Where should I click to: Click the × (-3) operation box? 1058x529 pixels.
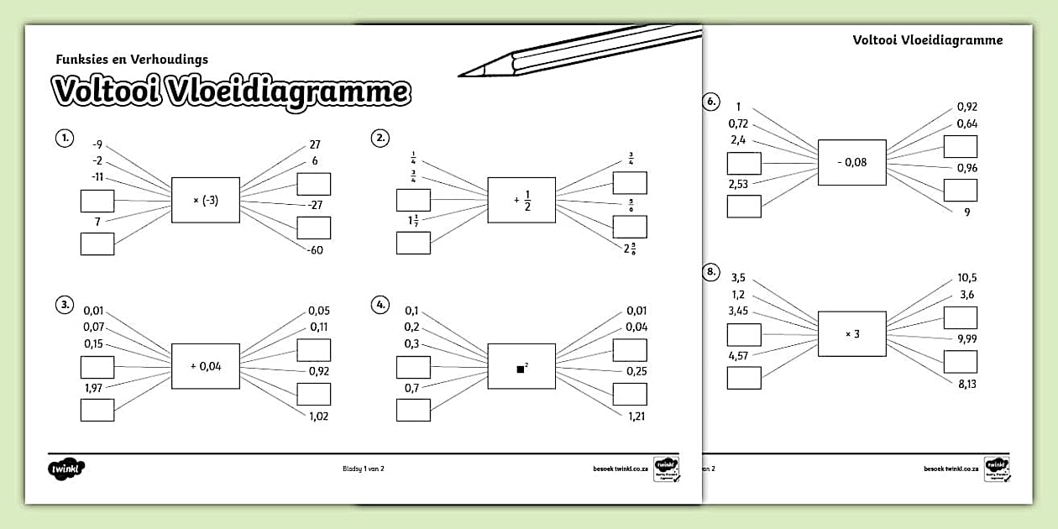206,200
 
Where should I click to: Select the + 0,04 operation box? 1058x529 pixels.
206,366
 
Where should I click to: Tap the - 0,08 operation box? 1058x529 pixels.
852,162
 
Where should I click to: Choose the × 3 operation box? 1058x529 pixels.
852,333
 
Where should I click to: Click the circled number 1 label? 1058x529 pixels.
64,138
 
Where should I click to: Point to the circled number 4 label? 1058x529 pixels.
380,305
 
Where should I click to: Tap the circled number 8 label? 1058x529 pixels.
710,271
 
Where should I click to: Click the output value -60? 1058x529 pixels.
314,250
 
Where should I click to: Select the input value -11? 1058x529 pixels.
97,177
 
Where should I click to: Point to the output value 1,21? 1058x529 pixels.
636,416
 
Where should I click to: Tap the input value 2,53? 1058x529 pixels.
738,184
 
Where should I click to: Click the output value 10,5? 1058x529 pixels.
966,278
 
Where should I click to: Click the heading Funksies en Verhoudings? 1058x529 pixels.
132,60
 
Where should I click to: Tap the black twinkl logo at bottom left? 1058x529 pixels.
68,468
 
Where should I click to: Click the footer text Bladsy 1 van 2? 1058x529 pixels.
363,469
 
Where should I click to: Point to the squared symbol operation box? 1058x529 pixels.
521,366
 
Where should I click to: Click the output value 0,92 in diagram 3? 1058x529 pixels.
318,370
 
